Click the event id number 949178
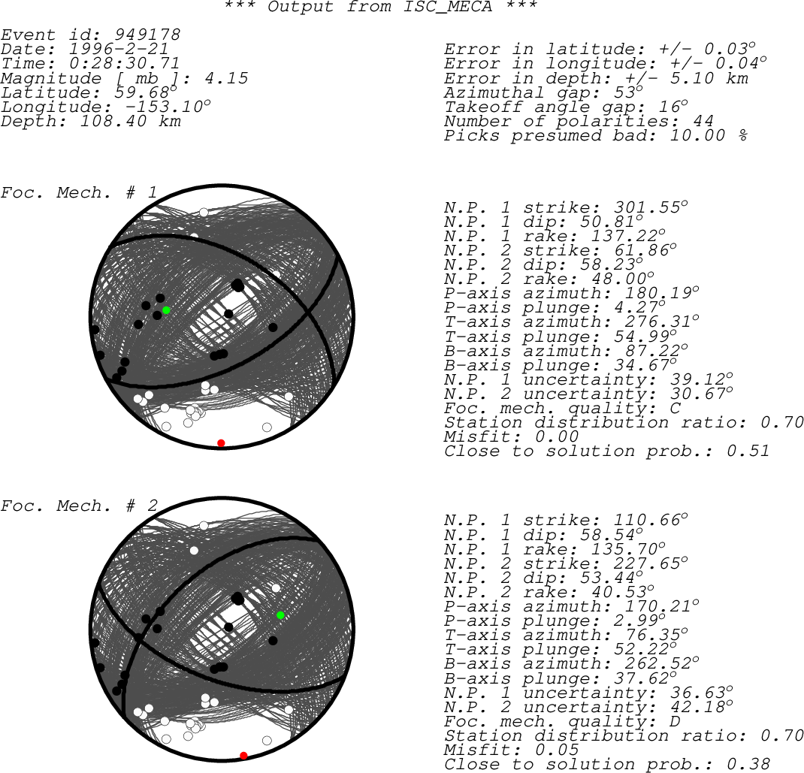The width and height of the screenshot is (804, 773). (148, 35)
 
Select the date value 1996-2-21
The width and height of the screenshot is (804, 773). (119, 50)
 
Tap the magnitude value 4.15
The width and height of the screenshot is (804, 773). (227, 78)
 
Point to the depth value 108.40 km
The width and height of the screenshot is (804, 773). (131, 121)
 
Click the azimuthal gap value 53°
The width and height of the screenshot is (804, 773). (629, 92)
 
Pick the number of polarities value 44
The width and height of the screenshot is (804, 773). (703, 121)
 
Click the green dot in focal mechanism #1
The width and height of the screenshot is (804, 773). (166, 310)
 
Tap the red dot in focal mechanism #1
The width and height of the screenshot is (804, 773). (221, 443)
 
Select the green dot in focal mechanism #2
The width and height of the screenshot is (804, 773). (280, 615)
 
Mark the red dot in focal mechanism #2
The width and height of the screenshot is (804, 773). (243, 756)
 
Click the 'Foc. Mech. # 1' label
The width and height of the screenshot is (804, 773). (79, 193)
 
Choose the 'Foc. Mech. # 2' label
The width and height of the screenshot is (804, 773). (79, 506)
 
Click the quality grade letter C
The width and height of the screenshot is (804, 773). (676, 408)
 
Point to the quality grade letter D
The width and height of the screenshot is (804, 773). (676, 721)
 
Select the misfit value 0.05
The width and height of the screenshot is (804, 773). (557, 750)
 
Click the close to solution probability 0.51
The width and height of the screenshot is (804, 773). (748, 451)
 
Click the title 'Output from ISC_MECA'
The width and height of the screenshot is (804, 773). (380, 7)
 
